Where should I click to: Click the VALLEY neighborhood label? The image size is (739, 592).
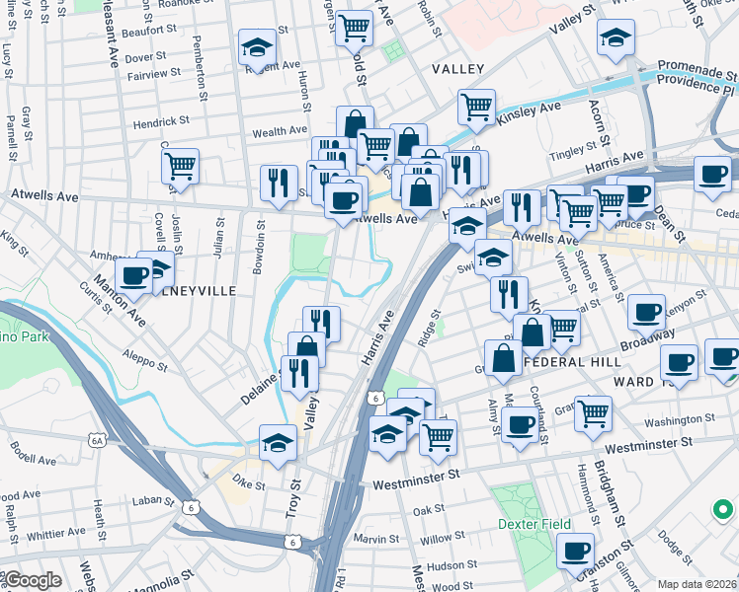pos(457,69)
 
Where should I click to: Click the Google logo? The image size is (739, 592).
pos(33,580)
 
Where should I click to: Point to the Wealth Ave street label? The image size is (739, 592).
pos(281,131)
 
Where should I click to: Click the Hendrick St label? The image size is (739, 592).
pos(161,121)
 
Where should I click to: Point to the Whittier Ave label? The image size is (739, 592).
pos(57,534)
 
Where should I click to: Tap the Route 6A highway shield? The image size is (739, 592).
pos(96,441)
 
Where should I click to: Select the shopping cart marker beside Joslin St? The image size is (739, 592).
pos(180,166)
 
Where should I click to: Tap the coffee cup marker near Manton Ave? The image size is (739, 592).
pos(133,275)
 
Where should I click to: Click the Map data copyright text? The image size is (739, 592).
pos(697,584)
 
